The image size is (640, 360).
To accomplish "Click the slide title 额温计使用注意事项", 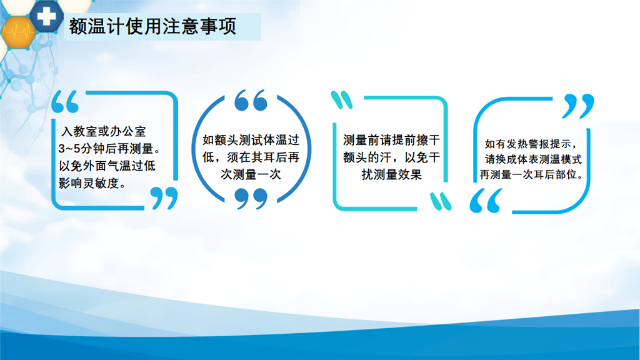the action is [x=152, y=26].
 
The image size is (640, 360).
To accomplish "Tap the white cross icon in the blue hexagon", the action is [x=46, y=16].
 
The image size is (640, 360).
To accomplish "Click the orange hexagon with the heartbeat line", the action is [x=18, y=32].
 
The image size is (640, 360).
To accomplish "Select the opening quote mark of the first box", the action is [x=65, y=102].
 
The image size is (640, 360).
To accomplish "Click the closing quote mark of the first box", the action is [x=164, y=198].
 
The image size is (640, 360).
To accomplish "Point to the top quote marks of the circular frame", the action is [x=251, y=101].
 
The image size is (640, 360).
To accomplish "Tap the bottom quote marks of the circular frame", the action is [x=251, y=198].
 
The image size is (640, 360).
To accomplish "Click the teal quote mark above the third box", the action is [x=342, y=100].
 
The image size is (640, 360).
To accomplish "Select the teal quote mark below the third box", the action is [x=441, y=201].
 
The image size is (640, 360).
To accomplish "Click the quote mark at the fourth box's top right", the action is [x=578, y=106].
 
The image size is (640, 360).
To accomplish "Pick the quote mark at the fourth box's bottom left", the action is [x=486, y=201].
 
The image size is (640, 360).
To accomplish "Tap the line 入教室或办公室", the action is [x=104, y=131].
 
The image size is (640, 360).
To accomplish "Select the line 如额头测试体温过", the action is [x=251, y=140].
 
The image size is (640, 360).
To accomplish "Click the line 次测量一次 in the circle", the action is [x=251, y=174].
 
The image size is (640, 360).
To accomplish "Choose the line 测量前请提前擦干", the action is [x=391, y=140].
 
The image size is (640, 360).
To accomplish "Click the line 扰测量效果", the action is [x=391, y=175].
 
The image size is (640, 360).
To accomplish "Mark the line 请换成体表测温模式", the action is [x=533, y=159].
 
